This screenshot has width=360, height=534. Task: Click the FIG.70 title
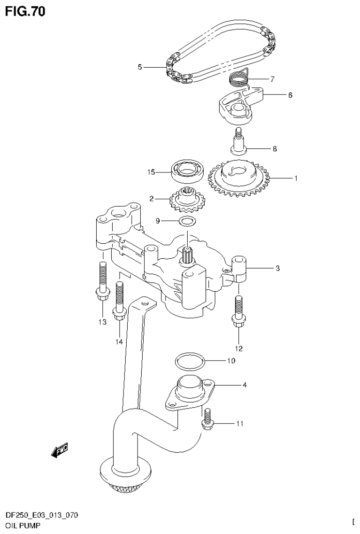25,11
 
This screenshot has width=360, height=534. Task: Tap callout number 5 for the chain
140,67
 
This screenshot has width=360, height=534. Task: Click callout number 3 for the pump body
277,269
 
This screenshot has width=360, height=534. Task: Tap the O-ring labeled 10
190,362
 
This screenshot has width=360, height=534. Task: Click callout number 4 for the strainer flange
245,385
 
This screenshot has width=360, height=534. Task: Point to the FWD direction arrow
60,451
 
